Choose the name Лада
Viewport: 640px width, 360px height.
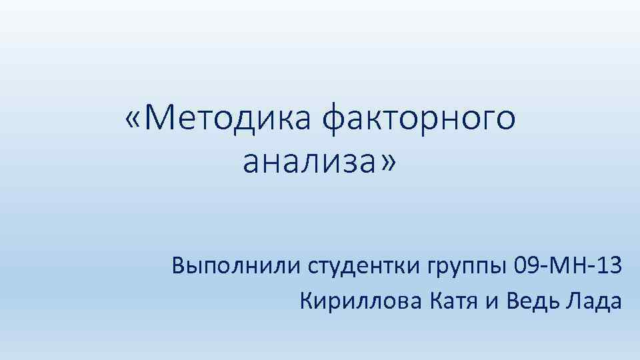[x=593, y=302]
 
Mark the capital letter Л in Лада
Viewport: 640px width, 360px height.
[x=572, y=301]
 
